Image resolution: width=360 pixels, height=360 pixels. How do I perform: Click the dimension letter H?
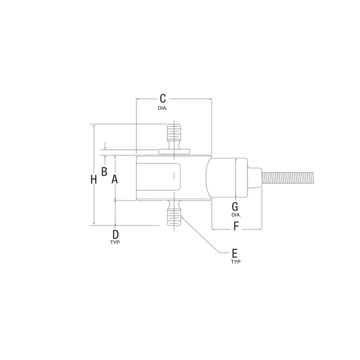coord(94,180)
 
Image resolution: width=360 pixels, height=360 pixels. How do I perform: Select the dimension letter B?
coord(103,171)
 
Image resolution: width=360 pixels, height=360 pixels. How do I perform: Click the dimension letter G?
coord(234,207)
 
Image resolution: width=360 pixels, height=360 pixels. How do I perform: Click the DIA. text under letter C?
coord(162,109)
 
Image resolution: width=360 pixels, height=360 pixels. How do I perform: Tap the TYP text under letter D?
coord(115,243)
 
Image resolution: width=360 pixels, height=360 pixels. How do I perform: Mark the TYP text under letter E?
coord(235,261)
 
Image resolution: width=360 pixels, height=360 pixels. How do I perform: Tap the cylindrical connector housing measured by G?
coord(227,178)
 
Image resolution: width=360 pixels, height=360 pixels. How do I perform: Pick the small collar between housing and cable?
coord(254,178)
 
